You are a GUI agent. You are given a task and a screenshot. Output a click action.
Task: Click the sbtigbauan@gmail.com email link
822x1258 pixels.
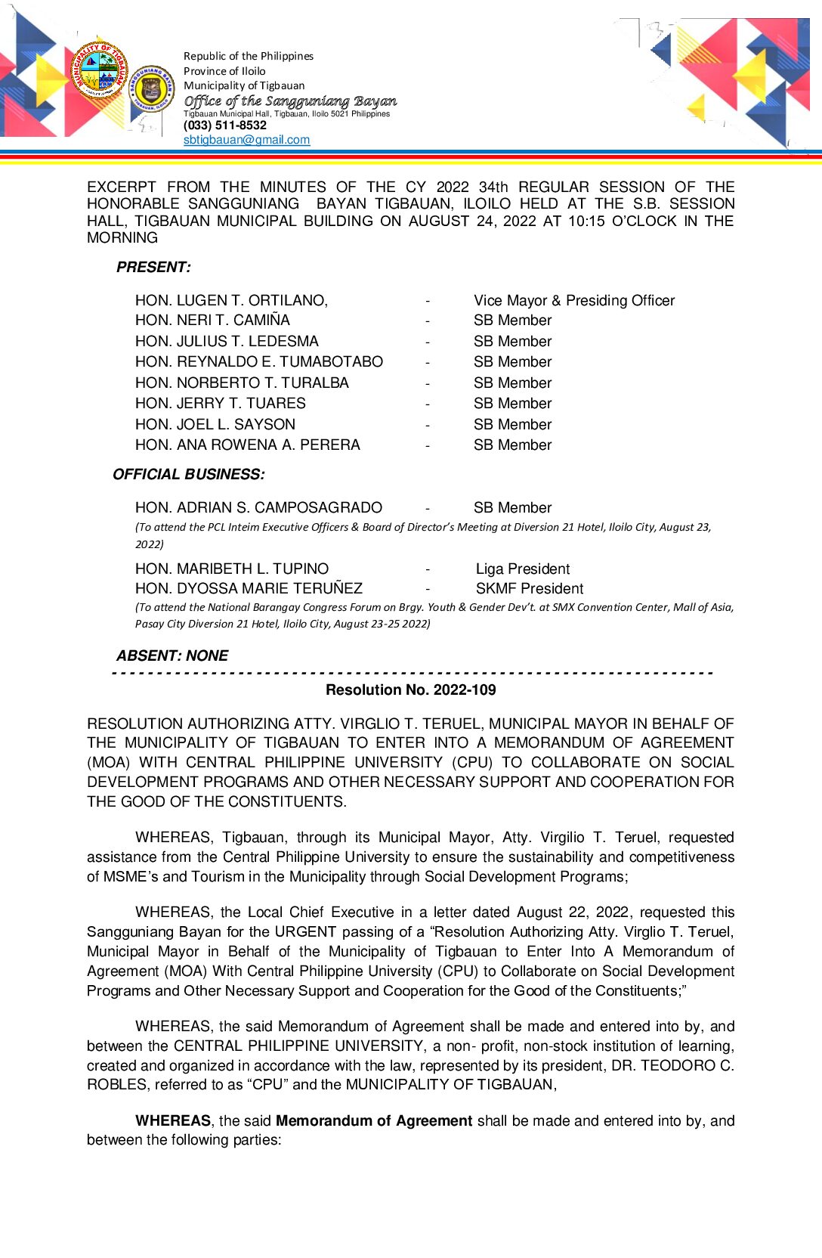coord(246,140)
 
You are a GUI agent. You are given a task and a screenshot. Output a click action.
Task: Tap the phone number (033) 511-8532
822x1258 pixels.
coord(225,125)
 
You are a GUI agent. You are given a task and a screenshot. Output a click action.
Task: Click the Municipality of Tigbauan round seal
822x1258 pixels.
coord(99,70)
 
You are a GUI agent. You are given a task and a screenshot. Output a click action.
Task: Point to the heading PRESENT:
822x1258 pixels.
coord(153,268)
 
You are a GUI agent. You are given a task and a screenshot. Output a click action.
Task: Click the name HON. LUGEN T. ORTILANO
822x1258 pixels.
coord(231,301)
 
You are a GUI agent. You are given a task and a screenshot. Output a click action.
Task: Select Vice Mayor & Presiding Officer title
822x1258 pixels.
coord(574,301)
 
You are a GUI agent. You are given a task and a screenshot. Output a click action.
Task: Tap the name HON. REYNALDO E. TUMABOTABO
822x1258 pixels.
coord(259,362)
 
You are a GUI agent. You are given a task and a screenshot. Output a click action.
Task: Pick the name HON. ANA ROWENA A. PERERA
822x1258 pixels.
coord(248,445)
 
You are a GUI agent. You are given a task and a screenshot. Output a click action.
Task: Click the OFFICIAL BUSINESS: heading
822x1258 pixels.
coord(189,475)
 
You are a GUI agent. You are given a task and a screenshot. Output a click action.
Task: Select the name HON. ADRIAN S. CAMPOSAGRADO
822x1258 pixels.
coord(258,508)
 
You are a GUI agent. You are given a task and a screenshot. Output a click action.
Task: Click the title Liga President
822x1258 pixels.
coord(523,569)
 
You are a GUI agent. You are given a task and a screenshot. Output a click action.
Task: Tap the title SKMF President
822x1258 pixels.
coord(530,589)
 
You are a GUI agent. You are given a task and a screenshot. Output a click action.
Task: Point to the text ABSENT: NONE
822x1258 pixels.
coord(172,656)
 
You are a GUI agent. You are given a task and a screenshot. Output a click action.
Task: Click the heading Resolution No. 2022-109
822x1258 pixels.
coord(411,690)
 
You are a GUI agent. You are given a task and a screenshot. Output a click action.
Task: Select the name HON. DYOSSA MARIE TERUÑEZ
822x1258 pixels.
coord(249,589)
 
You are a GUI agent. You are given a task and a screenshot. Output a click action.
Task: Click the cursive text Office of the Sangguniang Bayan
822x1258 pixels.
coord(290,101)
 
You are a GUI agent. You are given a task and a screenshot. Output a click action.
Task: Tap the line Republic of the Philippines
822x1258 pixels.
coord(249,56)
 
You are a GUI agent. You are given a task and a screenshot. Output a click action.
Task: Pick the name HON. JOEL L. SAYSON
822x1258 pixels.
coord(215,425)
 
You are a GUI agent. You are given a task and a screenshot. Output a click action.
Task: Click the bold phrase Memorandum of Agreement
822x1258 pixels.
coord(374,1121)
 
